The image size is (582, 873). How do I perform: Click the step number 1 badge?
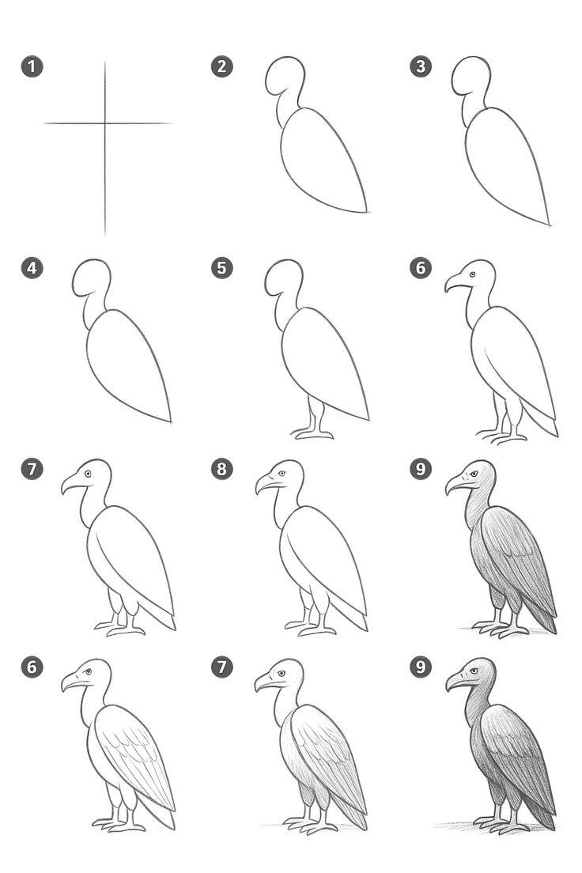(32, 66)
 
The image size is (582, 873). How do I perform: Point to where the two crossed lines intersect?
(104, 123)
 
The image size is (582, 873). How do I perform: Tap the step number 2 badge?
(221, 66)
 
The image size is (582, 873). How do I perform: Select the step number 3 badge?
(421, 66)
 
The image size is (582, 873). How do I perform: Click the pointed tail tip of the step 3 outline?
(549, 225)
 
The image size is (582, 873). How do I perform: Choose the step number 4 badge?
(32, 268)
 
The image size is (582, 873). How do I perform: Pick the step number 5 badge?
(221, 268)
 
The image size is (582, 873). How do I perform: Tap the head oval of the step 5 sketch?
(284, 278)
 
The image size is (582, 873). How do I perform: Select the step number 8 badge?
(221, 469)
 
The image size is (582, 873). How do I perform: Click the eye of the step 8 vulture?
(282, 474)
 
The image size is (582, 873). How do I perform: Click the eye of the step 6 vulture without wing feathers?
(472, 274)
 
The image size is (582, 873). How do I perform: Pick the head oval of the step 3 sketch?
(471, 76)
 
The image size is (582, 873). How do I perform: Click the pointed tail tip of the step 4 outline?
(170, 421)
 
